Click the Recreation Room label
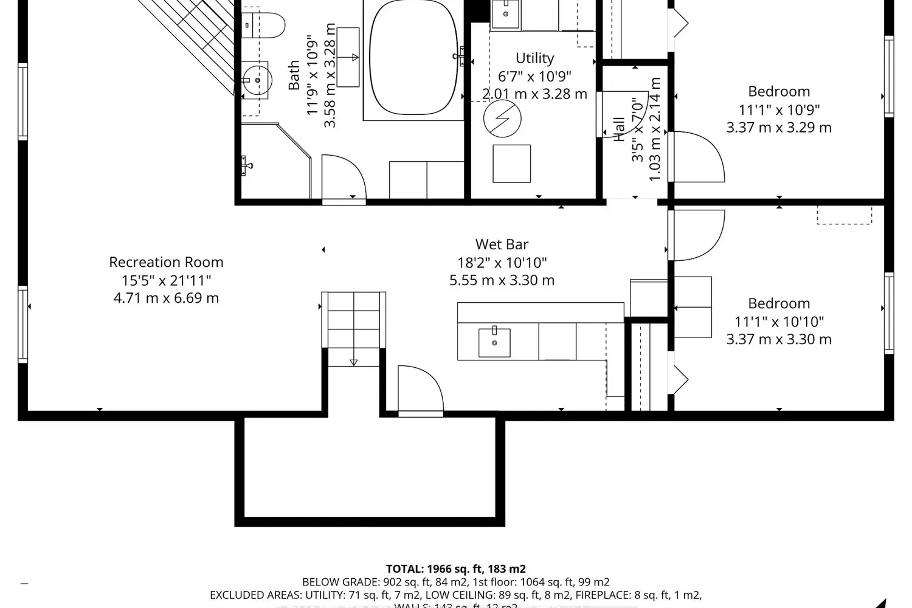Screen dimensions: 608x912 click(166, 262)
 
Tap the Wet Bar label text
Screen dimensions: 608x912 click(502, 244)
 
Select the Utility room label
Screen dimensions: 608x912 click(534, 58)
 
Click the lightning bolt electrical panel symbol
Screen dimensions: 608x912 click(502, 119)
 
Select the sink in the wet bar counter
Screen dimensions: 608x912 click(494, 343)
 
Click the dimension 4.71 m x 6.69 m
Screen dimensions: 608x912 click(166, 298)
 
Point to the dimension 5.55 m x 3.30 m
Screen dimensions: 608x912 click(502, 280)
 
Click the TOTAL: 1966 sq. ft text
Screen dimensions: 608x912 click(455, 569)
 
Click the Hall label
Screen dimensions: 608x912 click(619, 130)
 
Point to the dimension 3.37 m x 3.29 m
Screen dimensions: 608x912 click(779, 128)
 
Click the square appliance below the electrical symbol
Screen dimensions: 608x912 click(511, 164)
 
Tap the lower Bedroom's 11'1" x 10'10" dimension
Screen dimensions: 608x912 click(779, 322)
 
